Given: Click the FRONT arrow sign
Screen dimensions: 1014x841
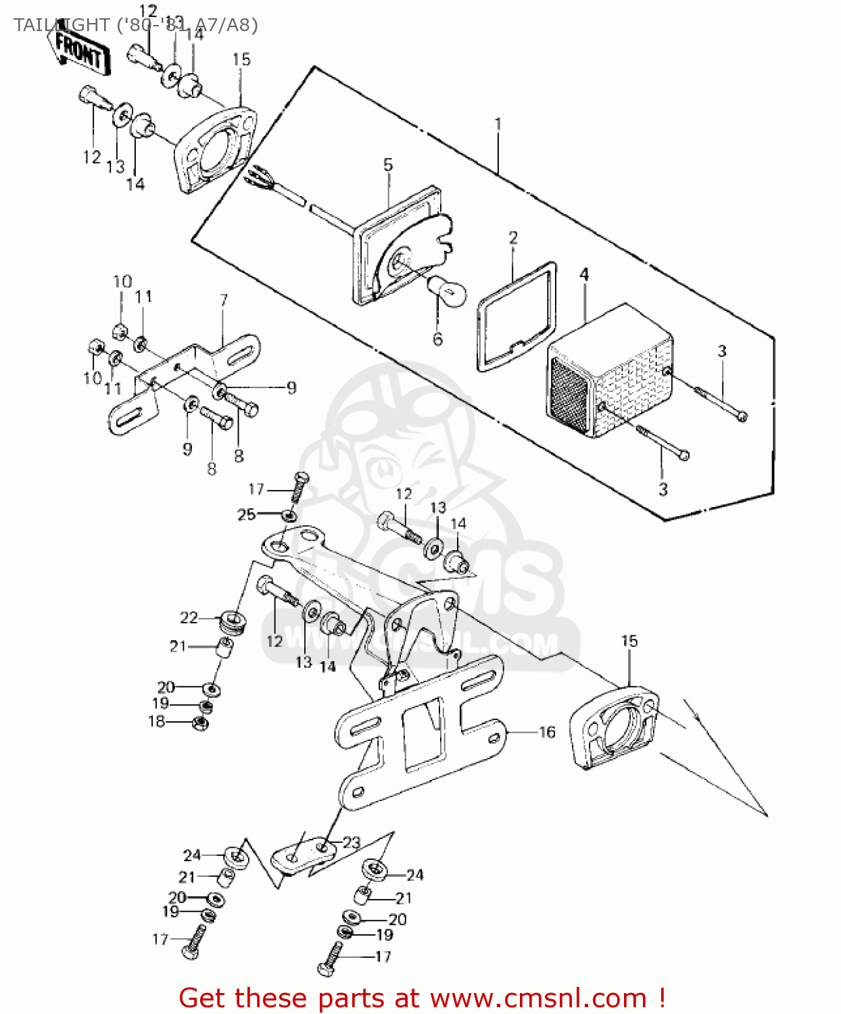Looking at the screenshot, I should click(x=80, y=51).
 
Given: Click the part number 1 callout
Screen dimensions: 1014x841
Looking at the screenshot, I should click(x=498, y=124).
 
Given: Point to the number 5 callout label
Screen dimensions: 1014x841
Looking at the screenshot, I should click(x=388, y=164).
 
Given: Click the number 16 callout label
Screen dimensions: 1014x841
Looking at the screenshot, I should click(x=547, y=731).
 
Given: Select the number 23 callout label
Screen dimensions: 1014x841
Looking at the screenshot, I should click(x=352, y=842).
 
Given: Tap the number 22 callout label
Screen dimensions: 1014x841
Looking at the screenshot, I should click(x=189, y=617).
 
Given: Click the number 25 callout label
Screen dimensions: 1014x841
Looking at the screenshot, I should click(x=247, y=514).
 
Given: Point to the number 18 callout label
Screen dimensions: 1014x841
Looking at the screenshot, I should click(x=156, y=721).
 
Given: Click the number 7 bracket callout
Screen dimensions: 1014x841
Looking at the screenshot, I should click(x=224, y=299).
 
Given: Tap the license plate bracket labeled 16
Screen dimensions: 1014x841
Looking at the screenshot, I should click(x=419, y=730).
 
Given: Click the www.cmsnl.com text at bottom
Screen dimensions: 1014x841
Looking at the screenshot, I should click(x=538, y=998).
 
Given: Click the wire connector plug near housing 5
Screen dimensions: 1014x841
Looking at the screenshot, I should click(x=261, y=178).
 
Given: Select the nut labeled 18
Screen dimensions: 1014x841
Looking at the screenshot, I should click(x=200, y=723).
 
